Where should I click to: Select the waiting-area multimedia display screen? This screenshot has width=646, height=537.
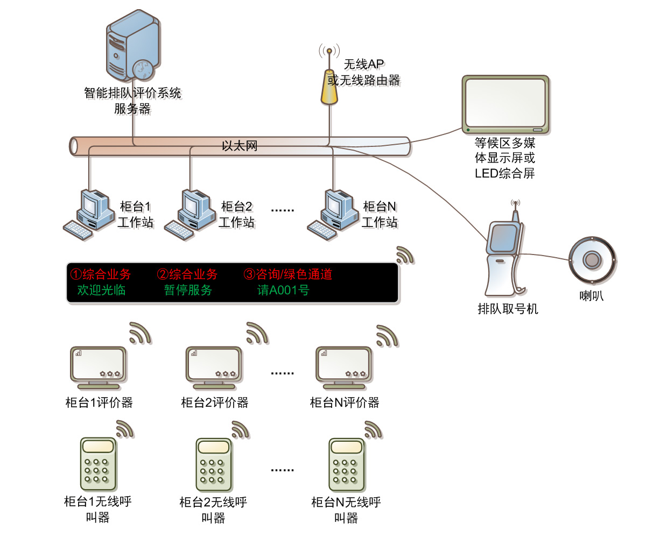point(505,104)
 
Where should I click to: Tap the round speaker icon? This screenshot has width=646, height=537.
point(592,260)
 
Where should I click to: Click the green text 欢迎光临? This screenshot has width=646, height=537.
point(102,290)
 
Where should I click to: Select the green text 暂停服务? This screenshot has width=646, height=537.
point(188,290)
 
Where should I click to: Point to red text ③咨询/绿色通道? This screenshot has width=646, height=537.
point(287,274)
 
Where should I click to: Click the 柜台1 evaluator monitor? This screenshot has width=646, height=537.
point(99,366)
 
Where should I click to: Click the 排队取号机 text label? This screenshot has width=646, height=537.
point(508,309)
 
